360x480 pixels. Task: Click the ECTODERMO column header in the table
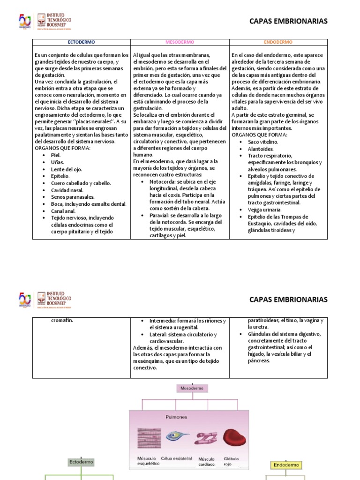(x=81, y=42)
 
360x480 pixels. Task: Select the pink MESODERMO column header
(x=180, y=42)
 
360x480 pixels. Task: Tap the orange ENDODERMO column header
(x=278, y=42)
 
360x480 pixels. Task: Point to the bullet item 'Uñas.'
(x=57, y=162)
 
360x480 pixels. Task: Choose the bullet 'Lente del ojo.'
(x=67, y=169)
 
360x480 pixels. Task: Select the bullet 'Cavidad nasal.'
(x=67, y=190)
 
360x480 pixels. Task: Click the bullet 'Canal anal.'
(x=64, y=211)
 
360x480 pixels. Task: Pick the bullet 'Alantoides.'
(x=261, y=149)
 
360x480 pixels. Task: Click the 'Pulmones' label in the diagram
(x=176, y=417)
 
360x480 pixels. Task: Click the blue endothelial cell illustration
(x=178, y=438)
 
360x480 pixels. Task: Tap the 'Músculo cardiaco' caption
(x=206, y=461)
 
